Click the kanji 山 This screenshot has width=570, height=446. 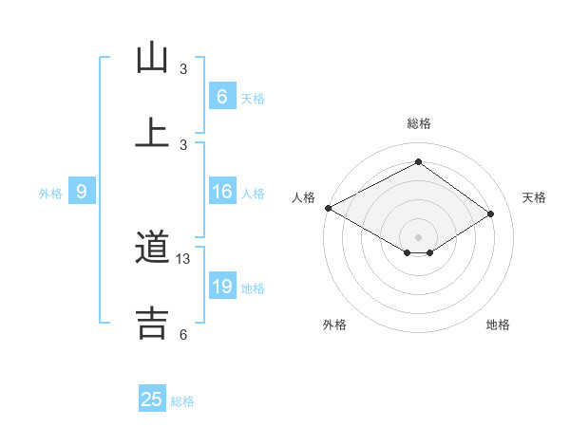(x=152, y=59)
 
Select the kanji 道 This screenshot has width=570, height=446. (x=152, y=250)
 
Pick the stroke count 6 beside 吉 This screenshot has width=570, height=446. (x=183, y=334)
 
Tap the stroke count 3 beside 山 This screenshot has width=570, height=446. (x=183, y=69)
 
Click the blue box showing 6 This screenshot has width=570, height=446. (x=221, y=97)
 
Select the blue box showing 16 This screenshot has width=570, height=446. (x=221, y=192)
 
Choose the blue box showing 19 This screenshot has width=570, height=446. (x=221, y=287)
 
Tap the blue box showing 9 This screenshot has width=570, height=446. (x=82, y=192)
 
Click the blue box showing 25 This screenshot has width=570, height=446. (x=152, y=400)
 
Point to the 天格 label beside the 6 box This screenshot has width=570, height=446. (x=253, y=98)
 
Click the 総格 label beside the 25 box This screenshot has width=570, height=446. (x=182, y=401)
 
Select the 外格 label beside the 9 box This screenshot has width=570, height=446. (x=50, y=193)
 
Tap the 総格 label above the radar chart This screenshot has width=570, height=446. (x=419, y=123)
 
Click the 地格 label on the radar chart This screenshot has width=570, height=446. (x=498, y=325)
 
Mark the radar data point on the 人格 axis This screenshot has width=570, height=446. (x=328, y=208)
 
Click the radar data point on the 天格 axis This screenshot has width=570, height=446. (x=491, y=214)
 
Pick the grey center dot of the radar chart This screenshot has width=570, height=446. (x=419, y=236)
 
